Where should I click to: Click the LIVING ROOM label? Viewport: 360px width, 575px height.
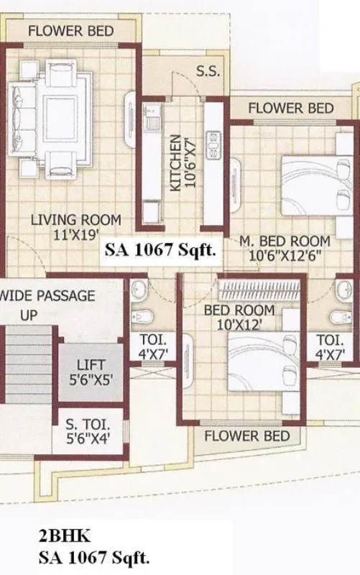pyautogui.click(x=75, y=220)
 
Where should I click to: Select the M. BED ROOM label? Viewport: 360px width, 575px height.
pyautogui.click(x=285, y=241)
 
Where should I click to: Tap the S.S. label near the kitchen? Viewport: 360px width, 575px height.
pyautogui.click(x=208, y=71)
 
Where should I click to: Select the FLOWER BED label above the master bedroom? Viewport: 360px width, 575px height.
pyautogui.click(x=291, y=108)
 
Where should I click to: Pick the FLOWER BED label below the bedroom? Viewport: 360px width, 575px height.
pyautogui.click(x=246, y=436)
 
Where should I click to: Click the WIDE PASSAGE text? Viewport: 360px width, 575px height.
pyautogui.click(x=47, y=295)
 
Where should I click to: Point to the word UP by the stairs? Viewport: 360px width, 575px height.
pyautogui.click(x=28, y=315)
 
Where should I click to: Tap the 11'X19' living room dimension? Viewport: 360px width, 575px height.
pyautogui.click(x=75, y=234)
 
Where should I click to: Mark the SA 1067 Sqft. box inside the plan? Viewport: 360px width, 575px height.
pyautogui.click(x=160, y=251)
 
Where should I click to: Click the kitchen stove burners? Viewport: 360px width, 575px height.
pyautogui.click(x=213, y=144)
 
